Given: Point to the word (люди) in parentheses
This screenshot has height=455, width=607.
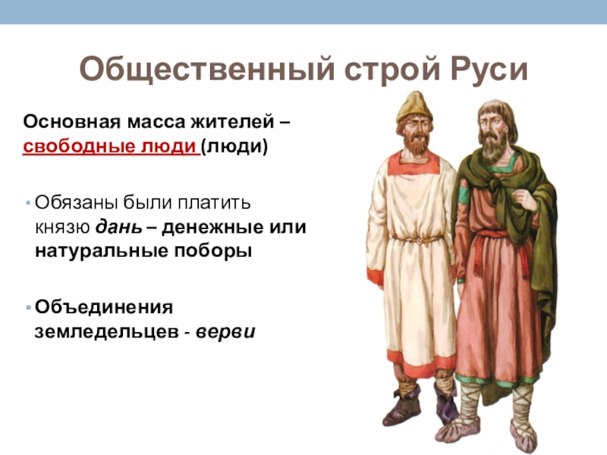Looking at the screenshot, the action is pos(234,147).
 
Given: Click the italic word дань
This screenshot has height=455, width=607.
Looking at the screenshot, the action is pos(119,227).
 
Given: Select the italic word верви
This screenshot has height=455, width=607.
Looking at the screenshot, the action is pos(225,332).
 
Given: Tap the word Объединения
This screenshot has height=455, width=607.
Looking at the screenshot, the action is pos(104,307).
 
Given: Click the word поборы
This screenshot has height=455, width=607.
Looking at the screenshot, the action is pos(213,251).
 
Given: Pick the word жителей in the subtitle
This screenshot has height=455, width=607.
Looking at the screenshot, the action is pos(231,122).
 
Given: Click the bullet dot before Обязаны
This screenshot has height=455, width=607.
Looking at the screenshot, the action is pos(28,202).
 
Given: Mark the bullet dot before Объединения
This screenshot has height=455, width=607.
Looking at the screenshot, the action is pos(28,308).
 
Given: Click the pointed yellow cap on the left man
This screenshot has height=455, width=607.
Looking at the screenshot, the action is pos(414,106).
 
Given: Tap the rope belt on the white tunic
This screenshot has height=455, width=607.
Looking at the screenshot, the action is pos(417,240).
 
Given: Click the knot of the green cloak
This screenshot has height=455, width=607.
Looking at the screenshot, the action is pos(498,183).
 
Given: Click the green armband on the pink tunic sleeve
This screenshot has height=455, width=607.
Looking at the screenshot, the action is pos(464,196).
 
